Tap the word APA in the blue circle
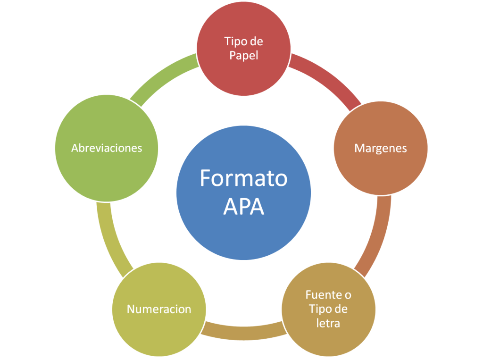(243, 206)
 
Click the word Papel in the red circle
(243, 55)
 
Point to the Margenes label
(381, 148)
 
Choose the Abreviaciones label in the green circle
(107, 148)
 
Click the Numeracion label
(159, 310)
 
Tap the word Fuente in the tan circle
(324, 295)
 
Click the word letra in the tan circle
(329, 324)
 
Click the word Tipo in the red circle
(235, 42)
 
